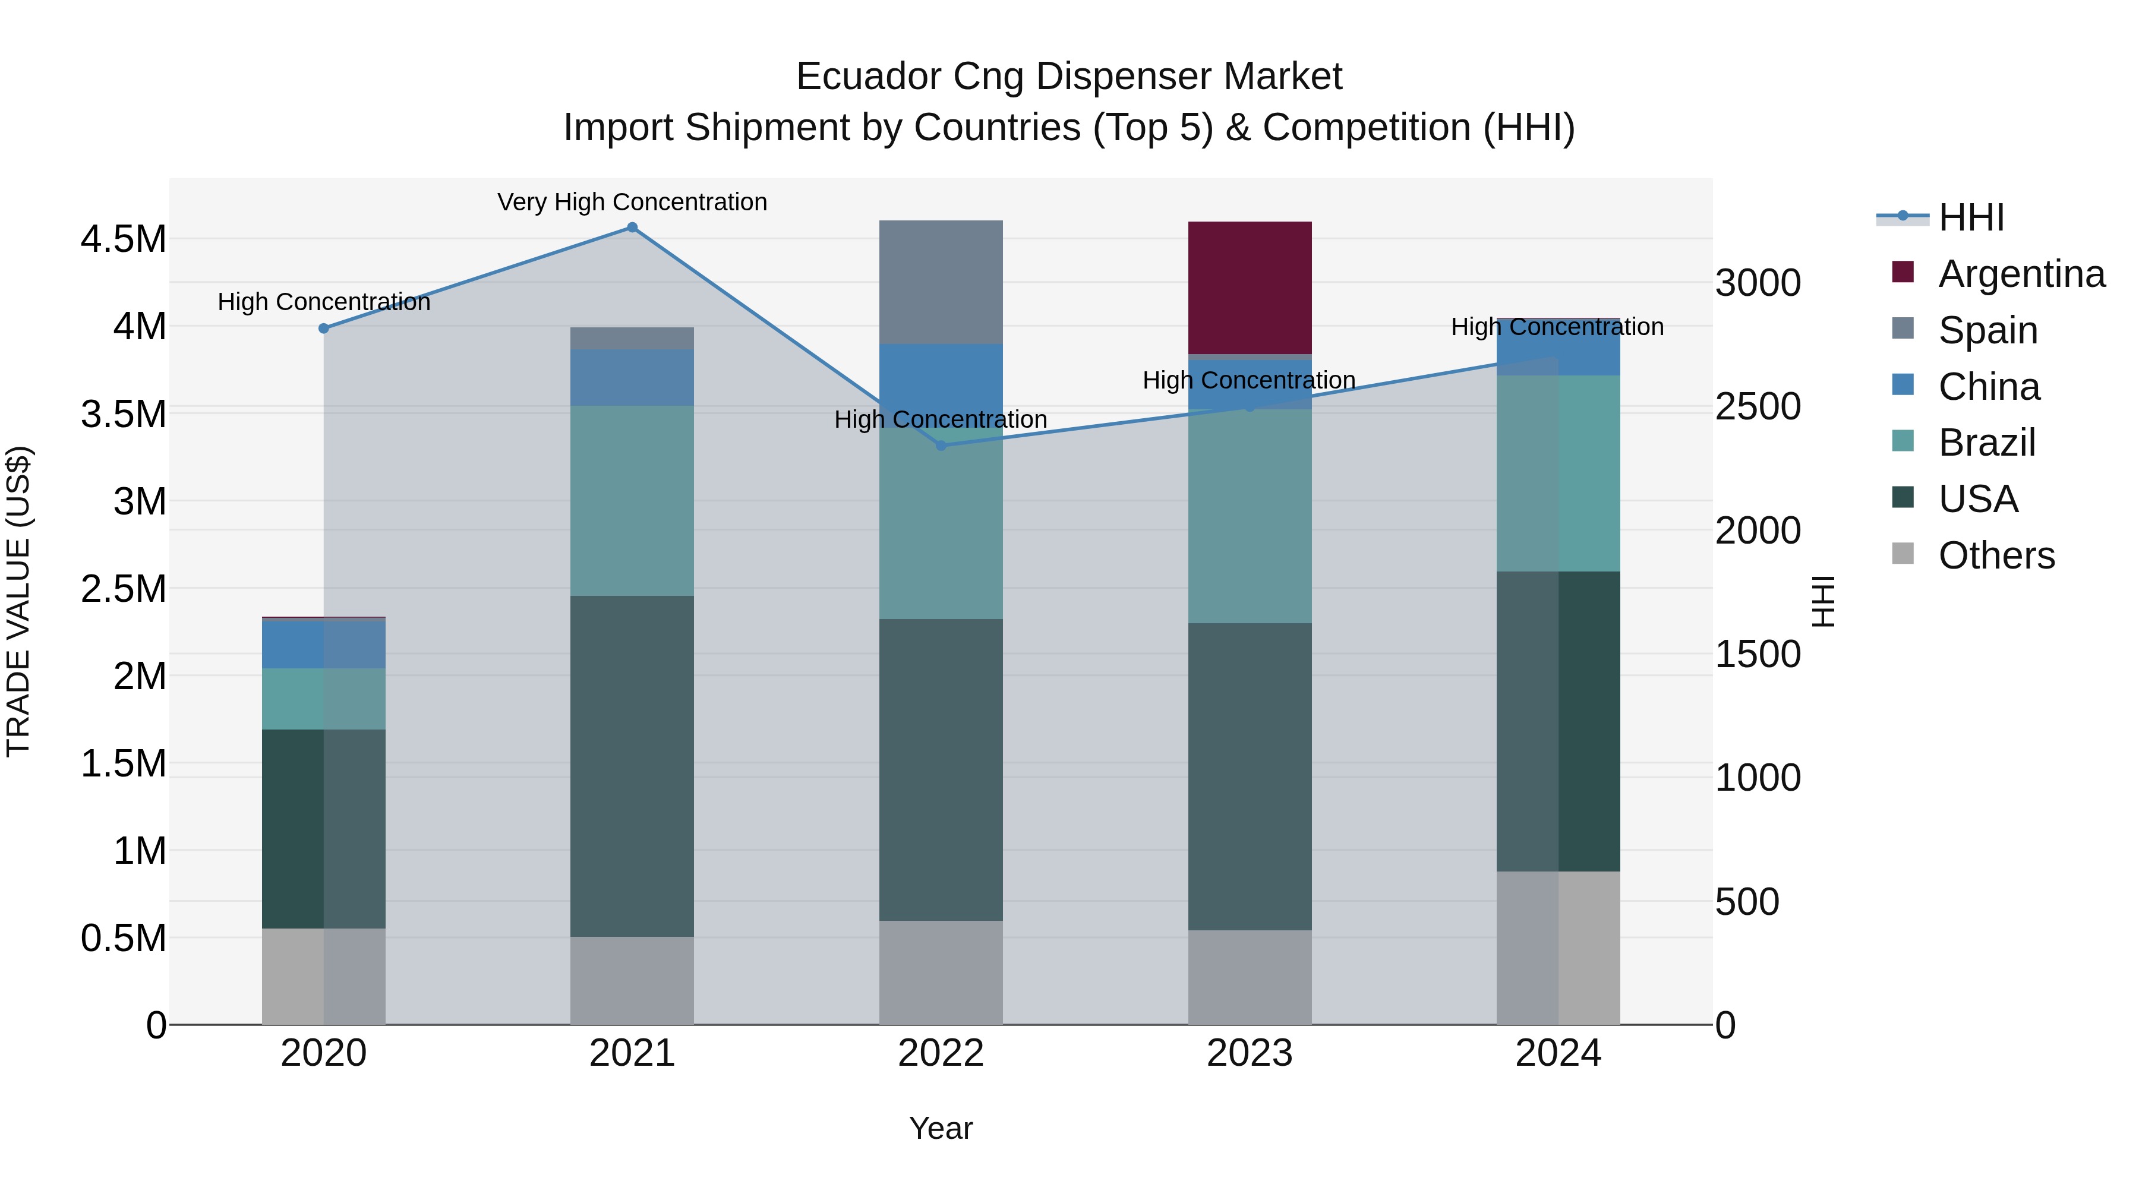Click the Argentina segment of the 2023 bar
[x=1250, y=288]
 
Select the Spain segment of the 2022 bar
[x=941, y=282]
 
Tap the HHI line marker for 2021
[x=632, y=228]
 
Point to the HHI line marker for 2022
[x=941, y=446]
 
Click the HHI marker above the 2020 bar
[x=324, y=329]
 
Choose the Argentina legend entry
[x=2021, y=274]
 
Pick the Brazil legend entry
[x=1986, y=443]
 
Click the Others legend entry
[x=1996, y=555]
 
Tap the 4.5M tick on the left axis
[x=123, y=239]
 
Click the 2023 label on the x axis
[x=1250, y=1053]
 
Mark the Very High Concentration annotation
[x=632, y=202]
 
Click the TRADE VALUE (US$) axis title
[x=18, y=602]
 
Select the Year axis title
[x=941, y=1128]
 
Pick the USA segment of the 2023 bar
[x=1250, y=776]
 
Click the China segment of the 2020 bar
[x=324, y=644]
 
